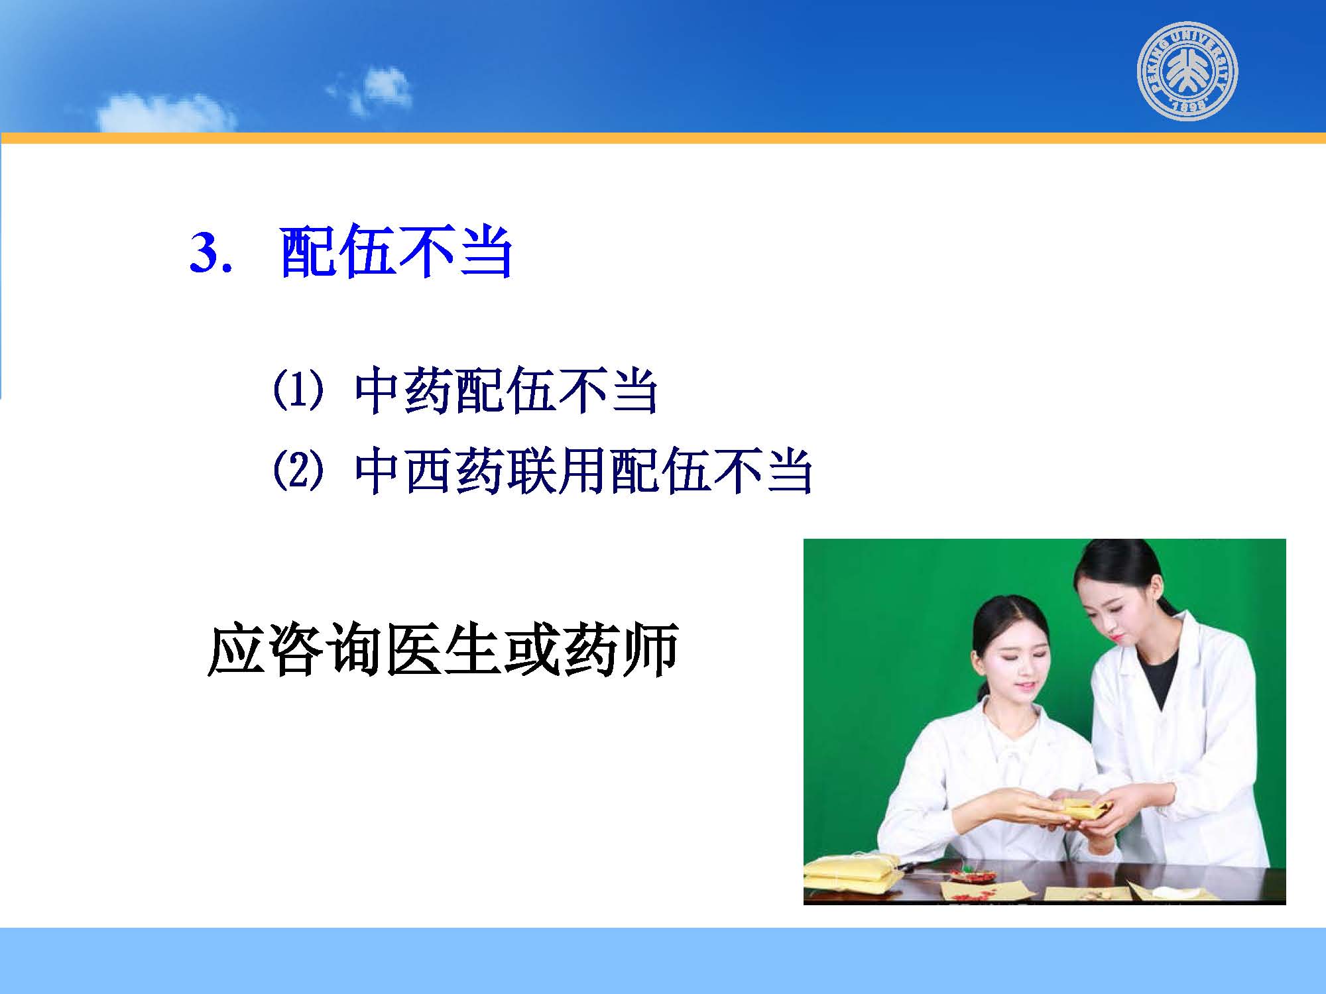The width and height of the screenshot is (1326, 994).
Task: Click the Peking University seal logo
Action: click(x=1188, y=71)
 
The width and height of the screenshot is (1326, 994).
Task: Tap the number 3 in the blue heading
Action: click(x=205, y=253)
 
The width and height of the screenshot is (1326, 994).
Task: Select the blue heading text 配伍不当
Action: click(x=396, y=252)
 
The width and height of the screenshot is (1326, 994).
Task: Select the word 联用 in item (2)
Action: click(x=558, y=471)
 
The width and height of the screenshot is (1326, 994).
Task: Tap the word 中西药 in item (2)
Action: click(x=431, y=471)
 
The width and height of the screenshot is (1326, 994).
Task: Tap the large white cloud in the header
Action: click(x=166, y=113)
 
